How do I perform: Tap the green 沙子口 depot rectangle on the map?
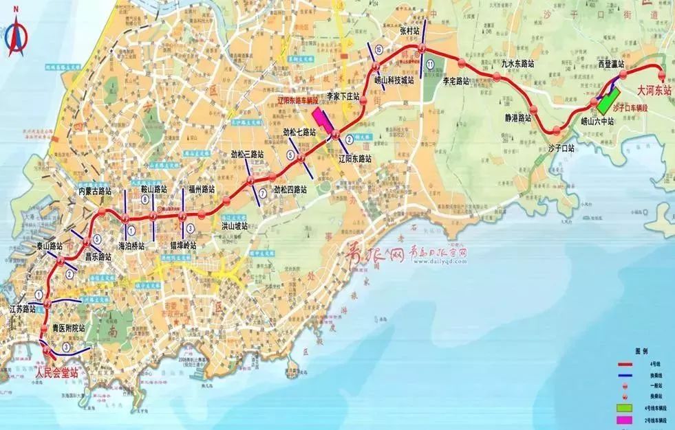[x=607, y=101]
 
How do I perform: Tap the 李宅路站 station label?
[x=456, y=80]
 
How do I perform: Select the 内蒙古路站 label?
[x=95, y=190]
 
